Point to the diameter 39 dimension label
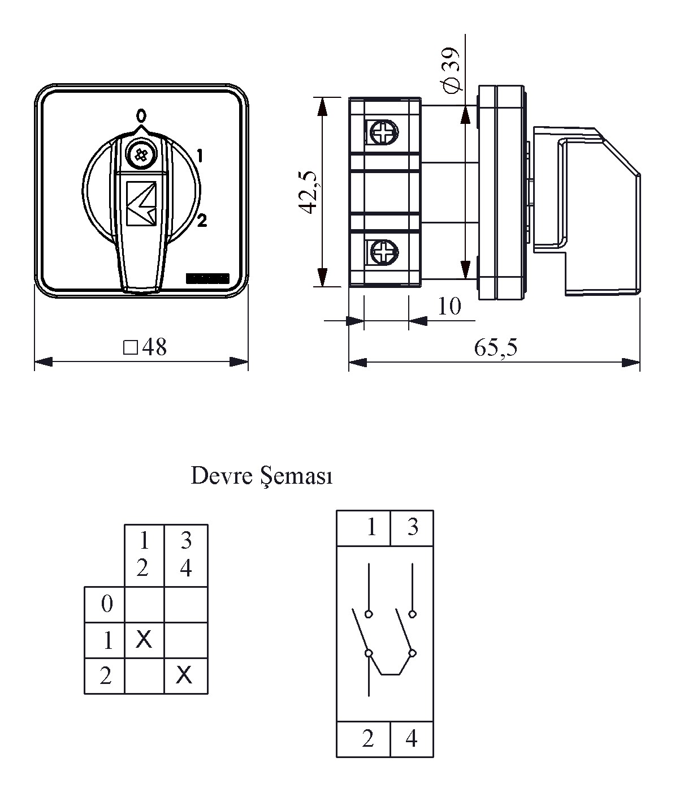click(452, 70)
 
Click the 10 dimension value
click(449, 306)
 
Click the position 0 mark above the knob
click(141, 117)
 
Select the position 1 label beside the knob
click(200, 154)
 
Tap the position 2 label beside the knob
click(202, 221)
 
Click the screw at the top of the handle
click(139, 153)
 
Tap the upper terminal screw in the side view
click(383, 134)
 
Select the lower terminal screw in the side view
click(383, 252)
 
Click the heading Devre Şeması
click(262, 476)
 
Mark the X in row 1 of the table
click(144, 640)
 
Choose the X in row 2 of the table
click(184, 674)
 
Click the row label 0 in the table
click(106, 604)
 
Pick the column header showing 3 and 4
click(186, 555)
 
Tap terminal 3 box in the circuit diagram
click(412, 527)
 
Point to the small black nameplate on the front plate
click(207, 278)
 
